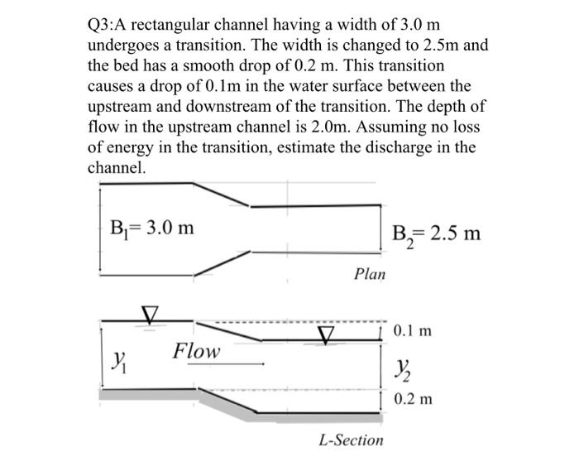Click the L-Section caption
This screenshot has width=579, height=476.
pyautogui.click(x=351, y=440)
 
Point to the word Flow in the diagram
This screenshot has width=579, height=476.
pyautogui.click(x=197, y=351)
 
